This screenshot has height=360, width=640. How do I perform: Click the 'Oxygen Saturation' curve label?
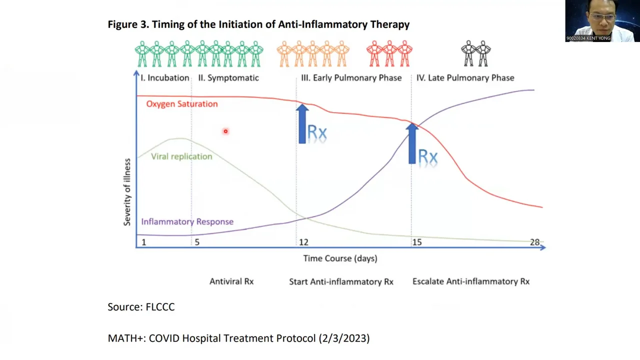click(x=182, y=104)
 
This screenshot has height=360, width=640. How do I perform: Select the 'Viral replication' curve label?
click(x=181, y=156)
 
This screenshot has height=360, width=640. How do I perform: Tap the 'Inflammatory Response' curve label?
click(x=187, y=221)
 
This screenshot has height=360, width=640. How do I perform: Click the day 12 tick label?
click(x=303, y=242)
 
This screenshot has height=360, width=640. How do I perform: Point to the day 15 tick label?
click(x=416, y=242)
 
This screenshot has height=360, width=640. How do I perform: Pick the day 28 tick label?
click(x=534, y=242)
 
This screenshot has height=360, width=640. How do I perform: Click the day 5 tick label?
click(x=197, y=242)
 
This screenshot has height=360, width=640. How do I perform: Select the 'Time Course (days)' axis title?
click(x=340, y=258)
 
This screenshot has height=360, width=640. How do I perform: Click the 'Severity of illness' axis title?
click(x=127, y=192)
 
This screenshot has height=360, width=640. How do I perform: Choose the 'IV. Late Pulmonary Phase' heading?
click(x=465, y=78)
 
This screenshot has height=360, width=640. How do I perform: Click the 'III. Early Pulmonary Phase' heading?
click(x=351, y=78)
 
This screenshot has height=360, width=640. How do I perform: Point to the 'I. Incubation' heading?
click(x=164, y=78)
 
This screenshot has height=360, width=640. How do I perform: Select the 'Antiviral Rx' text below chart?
click(x=231, y=281)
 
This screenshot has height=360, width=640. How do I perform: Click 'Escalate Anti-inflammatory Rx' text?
click(x=470, y=281)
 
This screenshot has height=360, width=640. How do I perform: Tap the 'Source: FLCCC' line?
click(x=141, y=307)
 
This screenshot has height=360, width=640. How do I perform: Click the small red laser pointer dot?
click(x=225, y=131)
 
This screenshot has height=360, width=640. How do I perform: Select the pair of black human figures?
click(x=476, y=54)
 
